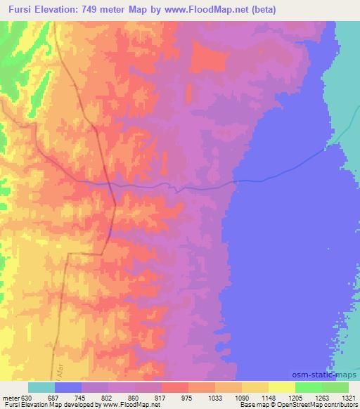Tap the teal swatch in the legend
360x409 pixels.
coord(41,387)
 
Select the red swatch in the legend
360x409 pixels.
coord(175,387)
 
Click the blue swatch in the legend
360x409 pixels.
coord(68,387)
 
